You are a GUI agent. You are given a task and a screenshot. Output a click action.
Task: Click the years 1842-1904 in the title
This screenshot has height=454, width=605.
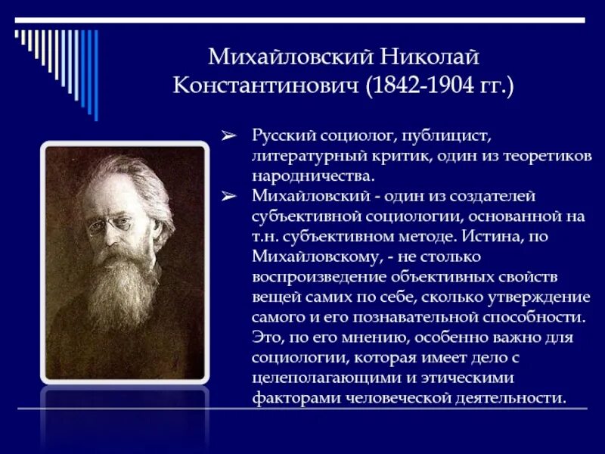click(423, 85)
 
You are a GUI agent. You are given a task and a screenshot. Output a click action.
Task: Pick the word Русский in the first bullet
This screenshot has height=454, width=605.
click(283, 136)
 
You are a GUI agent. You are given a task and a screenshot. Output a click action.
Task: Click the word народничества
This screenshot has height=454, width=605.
click(313, 176)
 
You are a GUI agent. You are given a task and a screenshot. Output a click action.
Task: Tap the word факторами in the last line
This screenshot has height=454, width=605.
click(287, 396)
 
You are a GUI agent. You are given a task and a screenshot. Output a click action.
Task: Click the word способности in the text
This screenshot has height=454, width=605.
click(517, 316)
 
